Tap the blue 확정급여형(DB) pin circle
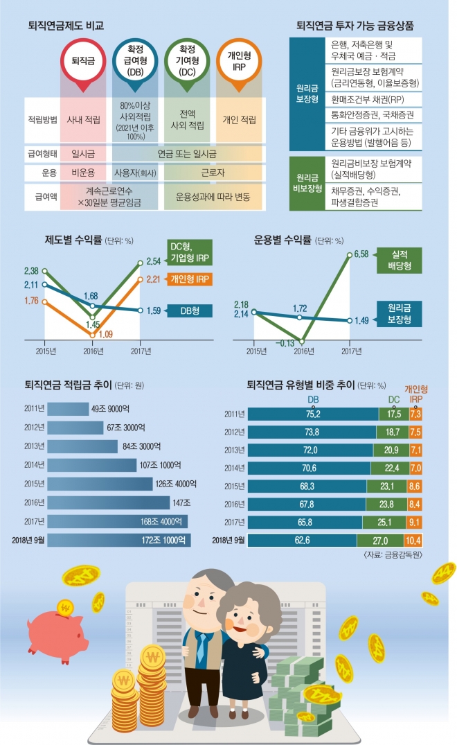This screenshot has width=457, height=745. (x=135, y=61)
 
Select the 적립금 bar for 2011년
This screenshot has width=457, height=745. (x=62, y=409)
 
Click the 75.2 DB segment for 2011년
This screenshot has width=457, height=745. (x=313, y=414)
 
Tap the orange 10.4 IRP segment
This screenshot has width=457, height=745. (x=414, y=539)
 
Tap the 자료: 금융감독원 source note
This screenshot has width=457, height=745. (x=391, y=554)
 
